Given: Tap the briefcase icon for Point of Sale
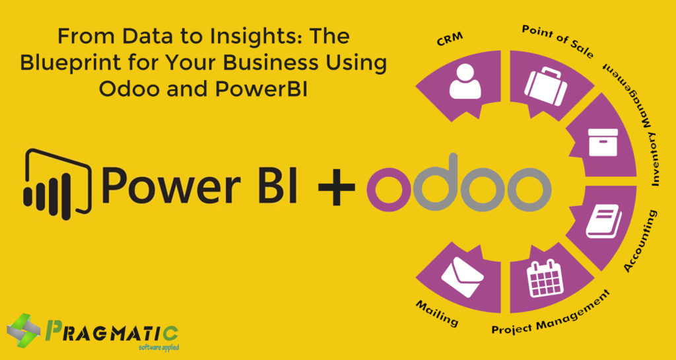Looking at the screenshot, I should tap(545, 87).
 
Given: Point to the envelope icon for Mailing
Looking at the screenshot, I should tap(462, 276).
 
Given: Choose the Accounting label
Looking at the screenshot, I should tap(642, 242).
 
